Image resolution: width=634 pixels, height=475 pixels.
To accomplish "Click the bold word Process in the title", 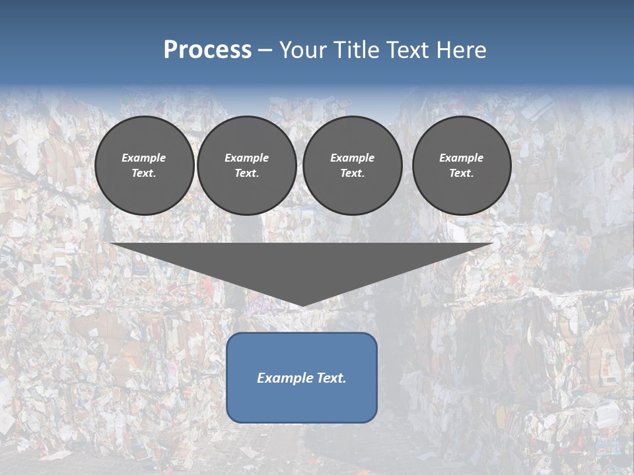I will [x=207, y=50].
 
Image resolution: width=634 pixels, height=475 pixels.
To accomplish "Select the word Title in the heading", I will [x=359, y=50].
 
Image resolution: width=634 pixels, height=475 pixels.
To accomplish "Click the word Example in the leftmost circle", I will [x=144, y=158].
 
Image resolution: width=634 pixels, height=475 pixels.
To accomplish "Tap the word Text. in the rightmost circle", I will [x=462, y=173].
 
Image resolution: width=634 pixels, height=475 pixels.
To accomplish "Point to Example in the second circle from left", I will [x=246, y=158].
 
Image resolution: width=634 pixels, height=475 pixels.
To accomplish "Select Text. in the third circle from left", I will [x=352, y=173].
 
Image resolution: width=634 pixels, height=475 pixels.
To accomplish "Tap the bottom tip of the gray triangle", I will [x=301, y=304].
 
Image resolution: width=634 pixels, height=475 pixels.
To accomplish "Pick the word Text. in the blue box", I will [x=332, y=378].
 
